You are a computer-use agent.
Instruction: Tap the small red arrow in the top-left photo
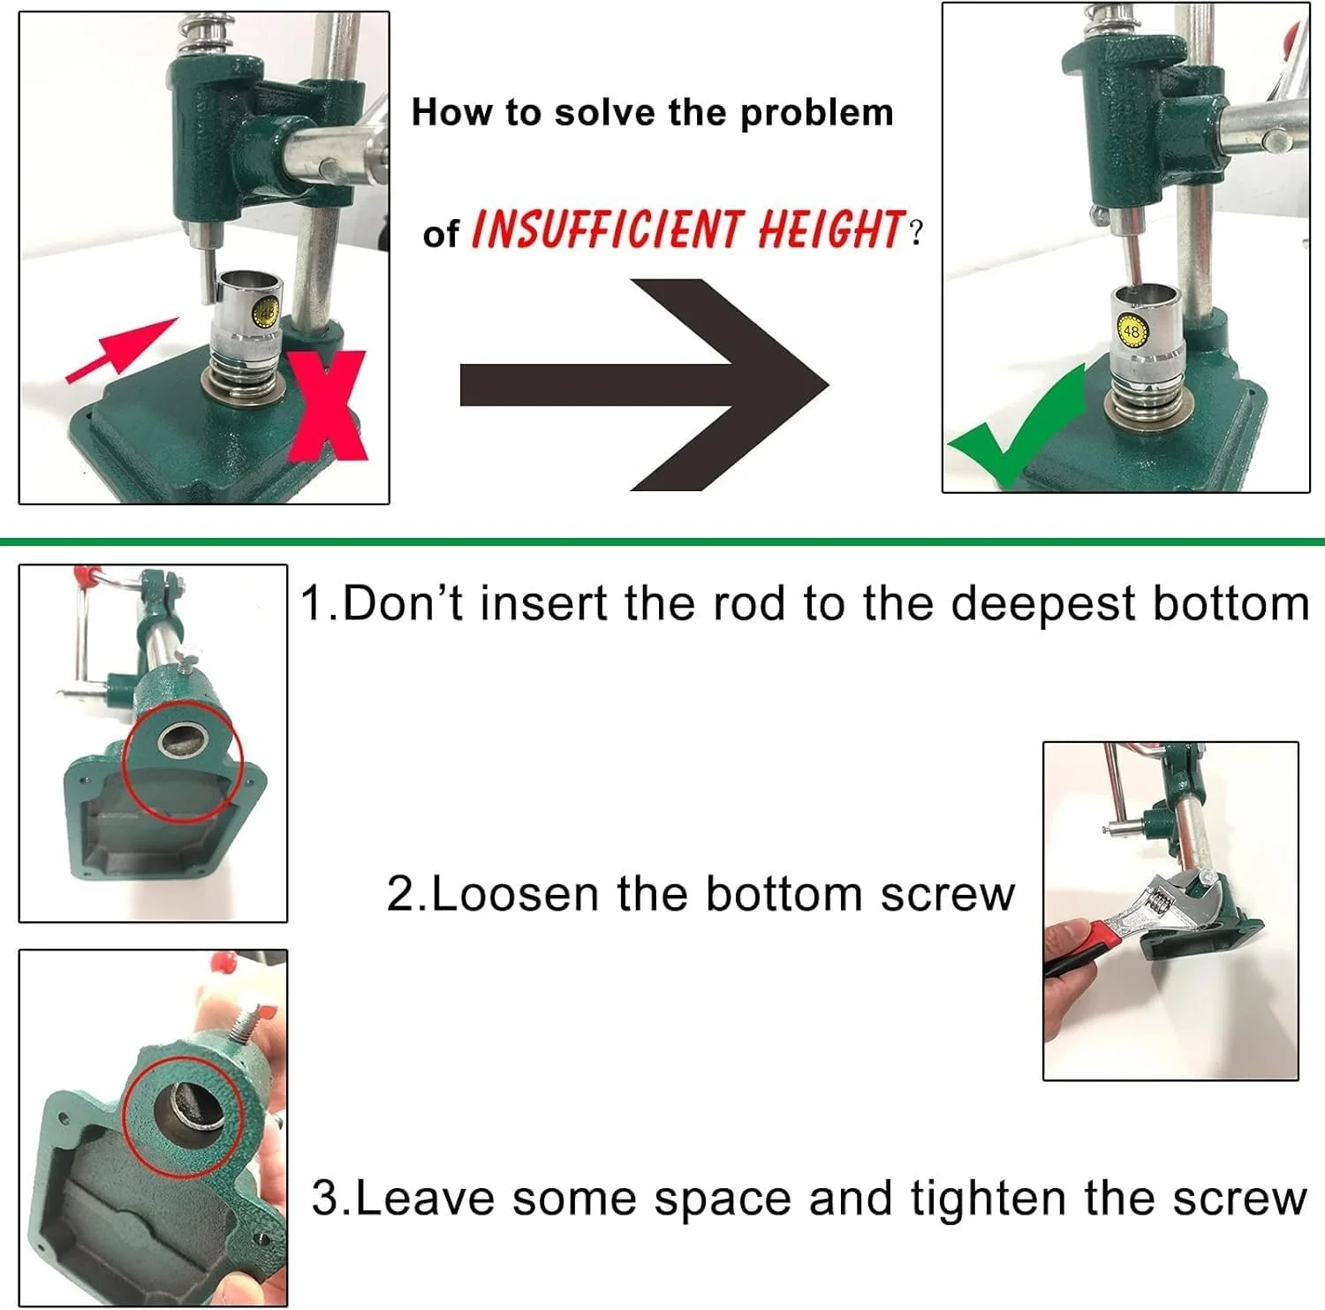tap(122, 350)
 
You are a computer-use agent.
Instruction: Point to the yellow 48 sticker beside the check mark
tap(1132, 331)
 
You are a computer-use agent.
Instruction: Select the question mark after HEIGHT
tap(916, 233)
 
